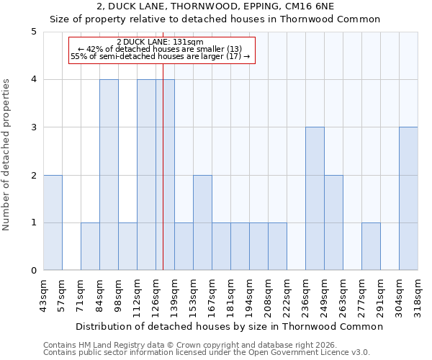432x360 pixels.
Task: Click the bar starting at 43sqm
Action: click(53, 222)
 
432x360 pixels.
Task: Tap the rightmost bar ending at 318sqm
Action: click(408, 199)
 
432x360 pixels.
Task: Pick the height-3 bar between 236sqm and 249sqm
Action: click(315, 199)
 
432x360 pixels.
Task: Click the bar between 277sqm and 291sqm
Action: click(371, 246)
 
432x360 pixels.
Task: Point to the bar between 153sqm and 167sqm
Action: click(202, 222)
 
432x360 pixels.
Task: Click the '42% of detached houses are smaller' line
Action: click(160, 49)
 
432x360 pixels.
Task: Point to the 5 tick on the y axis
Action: click(34, 32)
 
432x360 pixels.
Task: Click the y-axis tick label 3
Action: click(34, 127)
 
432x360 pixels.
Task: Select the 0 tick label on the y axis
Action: click(34, 271)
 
